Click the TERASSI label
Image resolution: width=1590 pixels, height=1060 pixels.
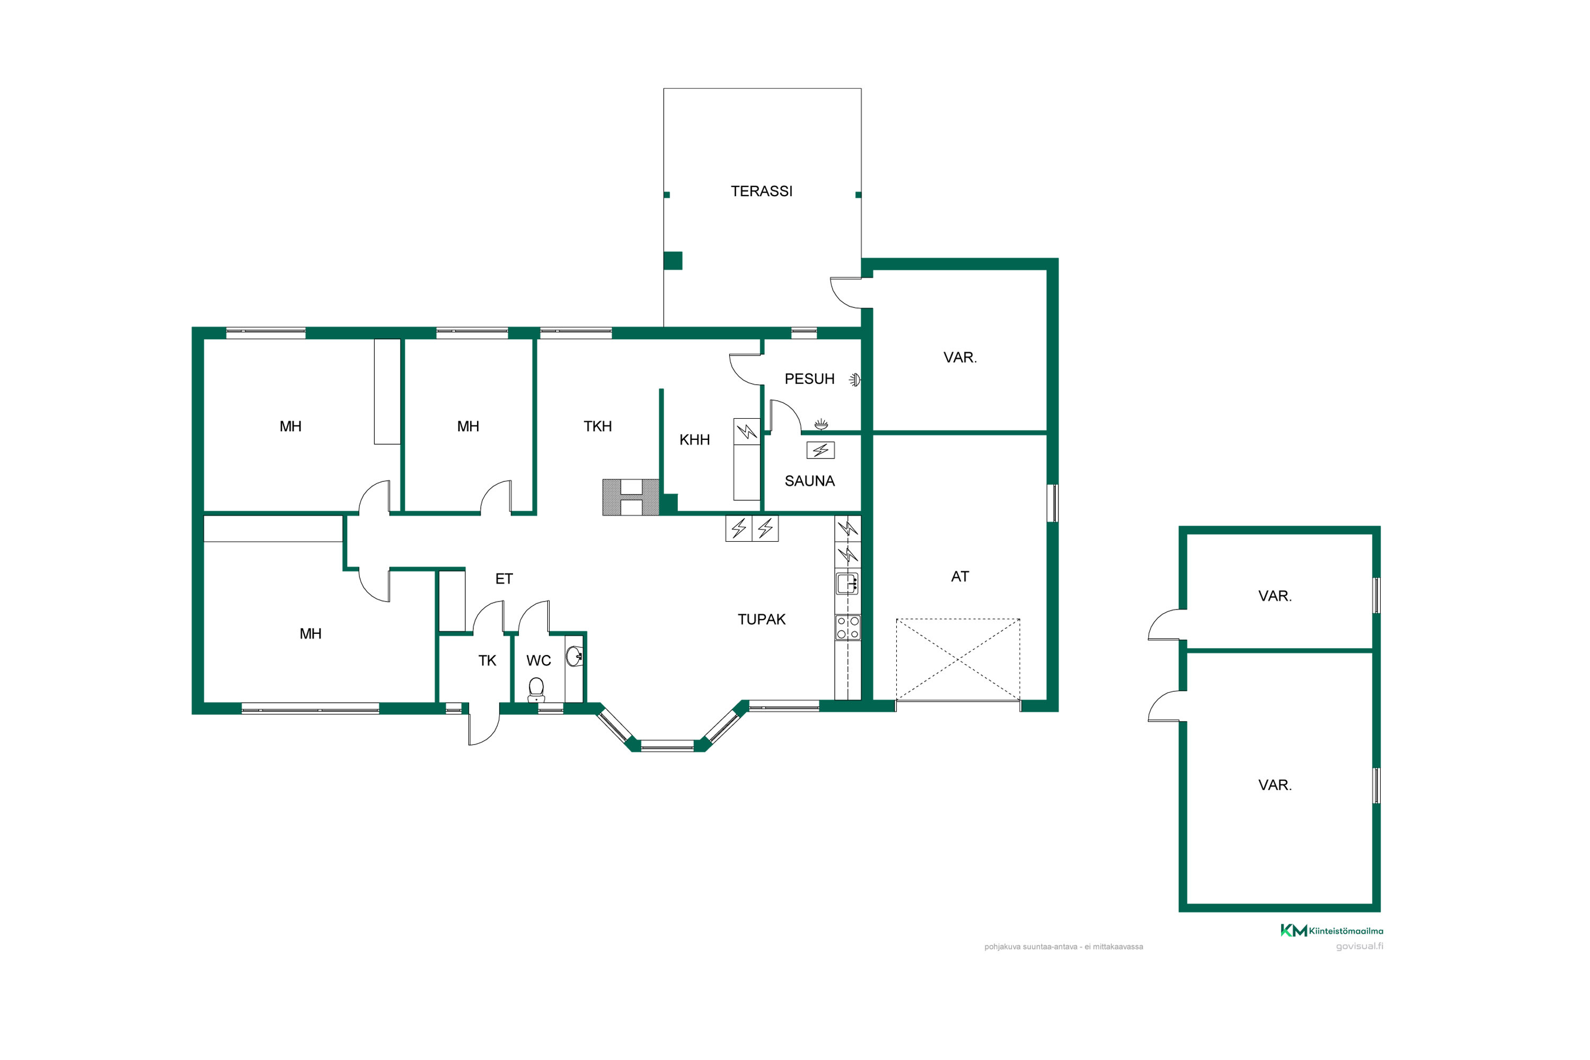pos(761,191)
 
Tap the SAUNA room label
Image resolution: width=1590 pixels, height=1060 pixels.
pos(809,481)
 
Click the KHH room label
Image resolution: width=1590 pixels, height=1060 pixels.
pos(694,440)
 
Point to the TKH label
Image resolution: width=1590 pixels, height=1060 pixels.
pos(598,427)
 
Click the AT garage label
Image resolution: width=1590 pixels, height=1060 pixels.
pos(960,577)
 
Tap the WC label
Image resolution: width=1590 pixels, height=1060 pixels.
pos(539,661)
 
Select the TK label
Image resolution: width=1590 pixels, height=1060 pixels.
pos(488,661)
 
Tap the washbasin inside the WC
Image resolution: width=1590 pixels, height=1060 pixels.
pos(575,656)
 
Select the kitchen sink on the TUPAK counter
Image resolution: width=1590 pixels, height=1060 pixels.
pos(847,582)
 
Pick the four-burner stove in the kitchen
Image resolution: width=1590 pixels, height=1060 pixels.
pos(847,628)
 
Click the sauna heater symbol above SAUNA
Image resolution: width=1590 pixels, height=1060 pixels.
pos(820,450)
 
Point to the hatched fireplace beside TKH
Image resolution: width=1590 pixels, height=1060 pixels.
pos(631,498)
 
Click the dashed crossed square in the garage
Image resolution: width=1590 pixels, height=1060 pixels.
pos(958,659)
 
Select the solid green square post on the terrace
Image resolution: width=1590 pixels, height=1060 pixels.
pos(673,261)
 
